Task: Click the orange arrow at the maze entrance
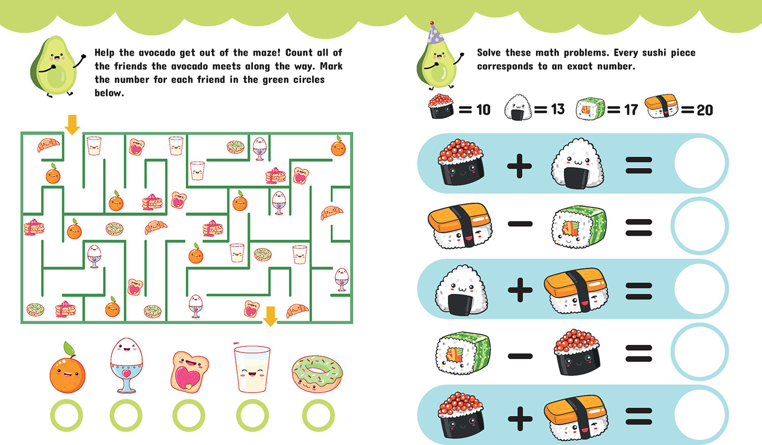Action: [72, 124]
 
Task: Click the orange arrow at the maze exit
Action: [270, 316]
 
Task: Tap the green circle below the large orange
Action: [67, 415]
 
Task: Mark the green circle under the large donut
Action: [319, 415]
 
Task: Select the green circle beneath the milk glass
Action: [252, 415]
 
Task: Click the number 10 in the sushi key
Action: [484, 110]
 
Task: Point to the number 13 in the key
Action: [558, 109]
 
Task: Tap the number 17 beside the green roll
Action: [631, 110]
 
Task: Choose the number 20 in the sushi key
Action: [705, 110]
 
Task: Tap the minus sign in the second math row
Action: [520, 224]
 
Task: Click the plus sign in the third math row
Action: [520, 290]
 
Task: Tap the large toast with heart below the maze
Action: [189, 372]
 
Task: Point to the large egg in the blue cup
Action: [126, 365]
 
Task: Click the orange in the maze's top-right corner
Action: [338, 146]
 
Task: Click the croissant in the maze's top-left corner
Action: [48, 145]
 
